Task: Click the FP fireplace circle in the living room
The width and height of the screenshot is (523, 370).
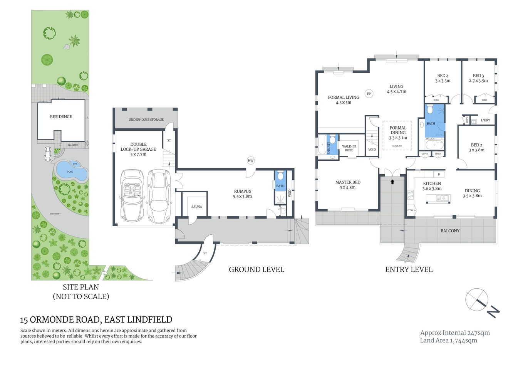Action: tap(369, 94)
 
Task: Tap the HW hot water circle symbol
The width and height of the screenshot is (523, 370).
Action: tap(251, 161)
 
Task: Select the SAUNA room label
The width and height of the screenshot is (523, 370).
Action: tap(196, 207)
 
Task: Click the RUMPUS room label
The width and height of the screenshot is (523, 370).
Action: tap(242, 191)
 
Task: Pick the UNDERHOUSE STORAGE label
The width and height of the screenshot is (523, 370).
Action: tap(146, 119)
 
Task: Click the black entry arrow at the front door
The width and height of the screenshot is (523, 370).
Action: tap(392, 182)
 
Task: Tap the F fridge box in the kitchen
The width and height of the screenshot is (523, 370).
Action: tap(439, 174)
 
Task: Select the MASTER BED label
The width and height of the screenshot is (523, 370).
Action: tap(348, 182)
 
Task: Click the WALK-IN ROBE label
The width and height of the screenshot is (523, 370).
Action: tap(349, 148)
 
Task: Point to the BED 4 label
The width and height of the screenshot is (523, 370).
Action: tap(443, 76)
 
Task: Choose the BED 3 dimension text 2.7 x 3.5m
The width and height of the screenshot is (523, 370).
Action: tap(478, 81)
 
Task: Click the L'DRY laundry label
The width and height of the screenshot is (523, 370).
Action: tap(485, 120)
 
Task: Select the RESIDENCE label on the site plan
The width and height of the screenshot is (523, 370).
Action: tap(61, 116)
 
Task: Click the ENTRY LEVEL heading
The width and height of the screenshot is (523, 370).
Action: tap(409, 269)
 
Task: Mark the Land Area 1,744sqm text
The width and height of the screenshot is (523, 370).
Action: tap(448, 340)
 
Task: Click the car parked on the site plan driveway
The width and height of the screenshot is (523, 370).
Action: tap(48, 154)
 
